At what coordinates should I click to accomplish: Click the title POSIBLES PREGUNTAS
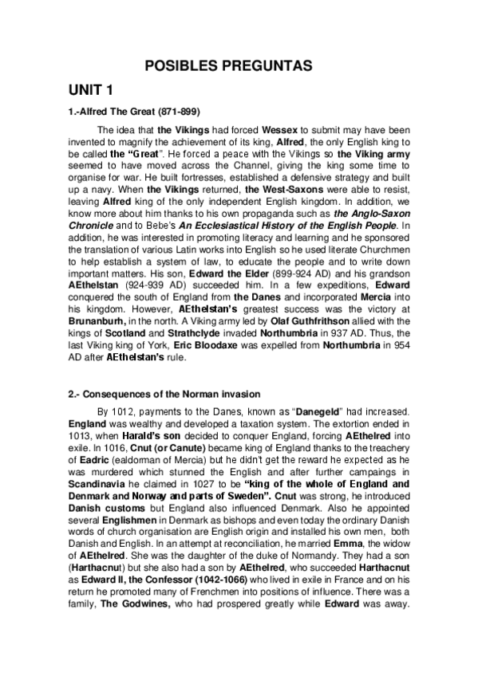click(x=239, y=66)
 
